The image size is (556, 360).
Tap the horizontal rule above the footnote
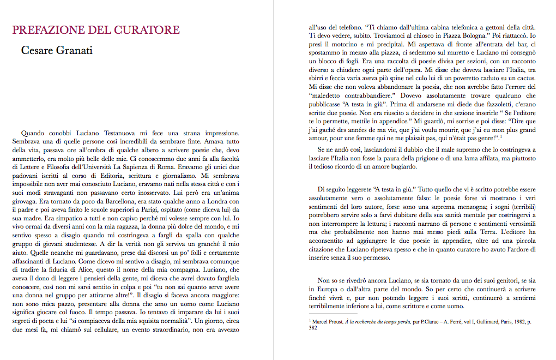tap(326, 315)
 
